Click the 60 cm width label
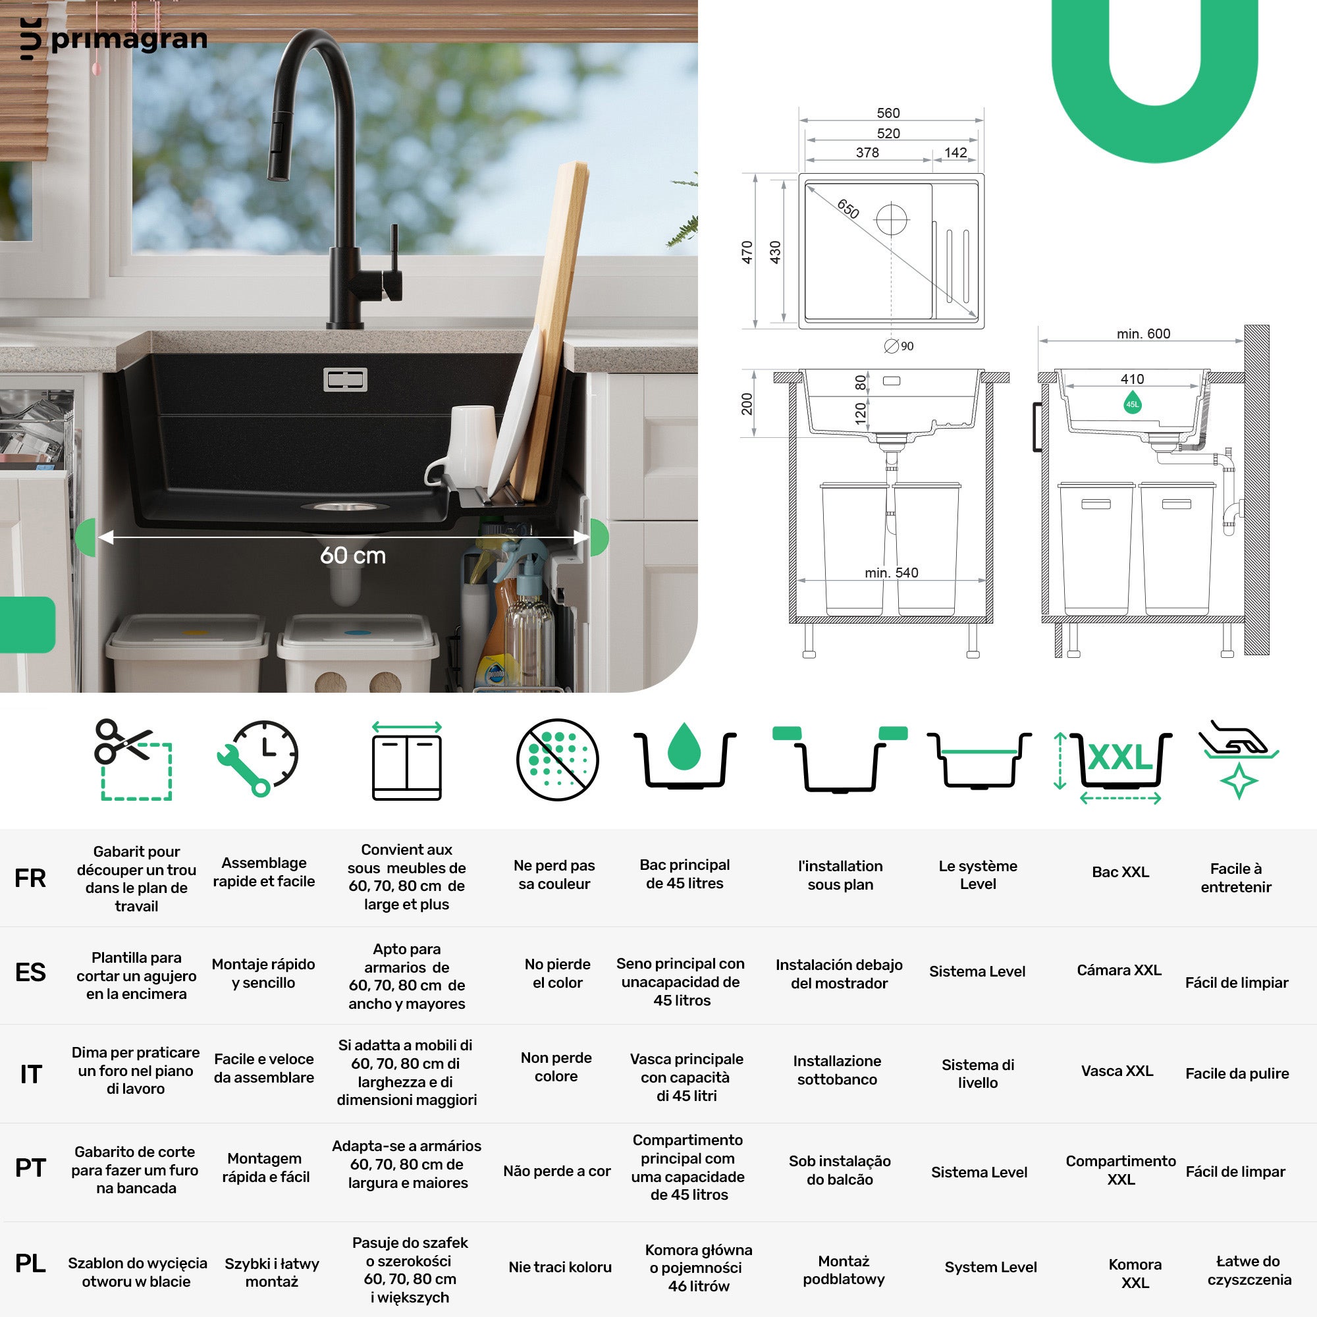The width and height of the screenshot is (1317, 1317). coord(353,556)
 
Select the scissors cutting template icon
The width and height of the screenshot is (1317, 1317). coord(133,759)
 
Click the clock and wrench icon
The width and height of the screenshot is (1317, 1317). coord(257,758)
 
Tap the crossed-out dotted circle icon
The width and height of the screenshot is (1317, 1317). coord(557,759)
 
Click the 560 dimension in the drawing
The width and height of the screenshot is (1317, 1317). coord(888,113)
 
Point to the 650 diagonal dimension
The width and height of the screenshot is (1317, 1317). coord(848,209)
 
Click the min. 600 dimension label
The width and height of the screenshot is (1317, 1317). coord(1143,333)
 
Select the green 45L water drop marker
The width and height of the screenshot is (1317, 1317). coord(1132,402)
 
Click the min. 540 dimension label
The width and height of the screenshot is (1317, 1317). coord(892,573)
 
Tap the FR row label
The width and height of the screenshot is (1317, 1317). coord(30,878)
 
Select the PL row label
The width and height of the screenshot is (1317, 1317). coord(30,1263)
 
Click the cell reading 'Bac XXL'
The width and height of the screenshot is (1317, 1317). coord(1120,872)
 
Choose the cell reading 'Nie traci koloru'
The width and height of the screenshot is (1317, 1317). coord(560,1267)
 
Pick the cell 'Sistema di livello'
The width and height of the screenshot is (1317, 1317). coord(977,1073)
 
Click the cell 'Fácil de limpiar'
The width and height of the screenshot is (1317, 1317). coord(1237,982)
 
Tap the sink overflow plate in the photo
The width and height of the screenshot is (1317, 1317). coord(345,380)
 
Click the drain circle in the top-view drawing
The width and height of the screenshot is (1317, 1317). coord(891,219)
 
